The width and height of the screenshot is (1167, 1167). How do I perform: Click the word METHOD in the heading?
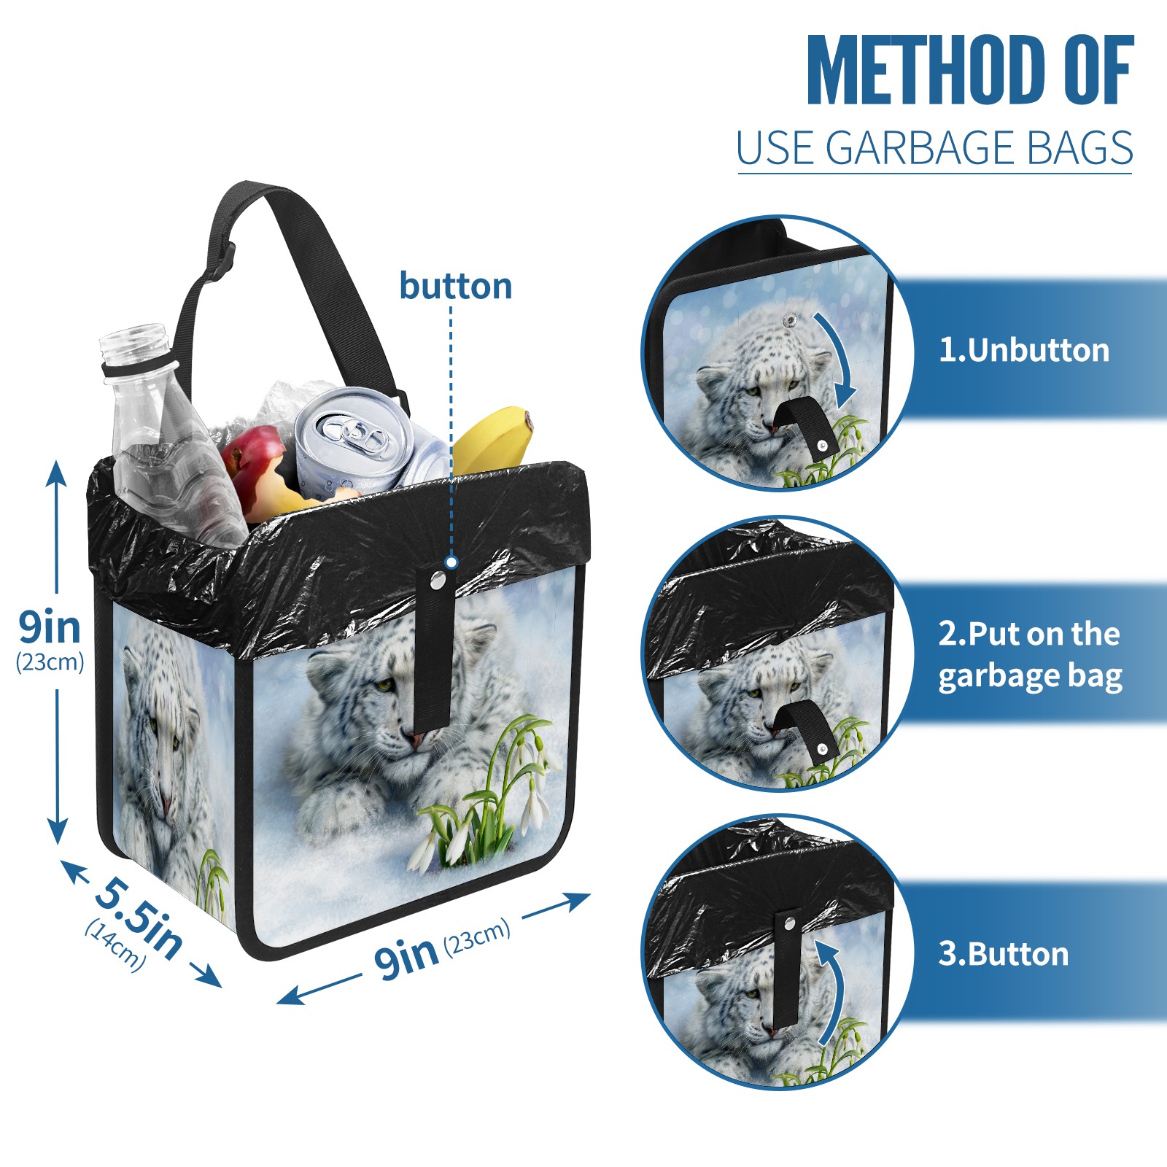[x=923, y=70]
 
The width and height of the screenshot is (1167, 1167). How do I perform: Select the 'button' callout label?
[x=455, y=286]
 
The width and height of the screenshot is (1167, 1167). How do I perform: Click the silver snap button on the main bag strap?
[x=438, y=580]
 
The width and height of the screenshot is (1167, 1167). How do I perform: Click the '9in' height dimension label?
[x=50, y=627]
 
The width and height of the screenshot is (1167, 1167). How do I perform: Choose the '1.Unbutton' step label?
[x=1024, y=351]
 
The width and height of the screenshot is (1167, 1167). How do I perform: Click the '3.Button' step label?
[x=1003, y=954]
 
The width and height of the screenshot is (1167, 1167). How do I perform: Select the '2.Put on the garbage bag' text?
[x=1030, y=655]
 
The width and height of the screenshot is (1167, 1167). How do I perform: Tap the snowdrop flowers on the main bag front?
[x=481, y=795]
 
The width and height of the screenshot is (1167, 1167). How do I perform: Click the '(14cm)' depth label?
[x=115, y=945]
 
